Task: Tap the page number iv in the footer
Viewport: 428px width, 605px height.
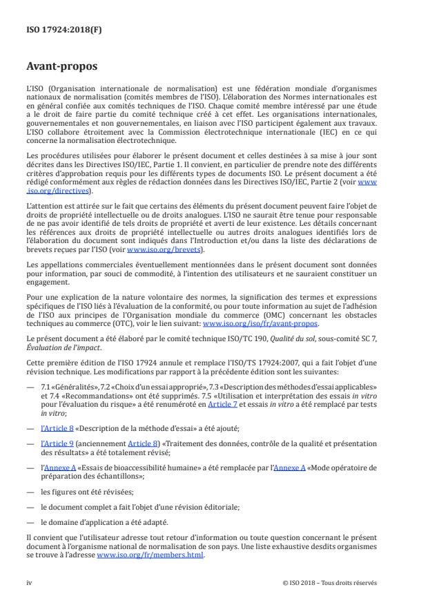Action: pyautogui.click(x=30, y=582)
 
